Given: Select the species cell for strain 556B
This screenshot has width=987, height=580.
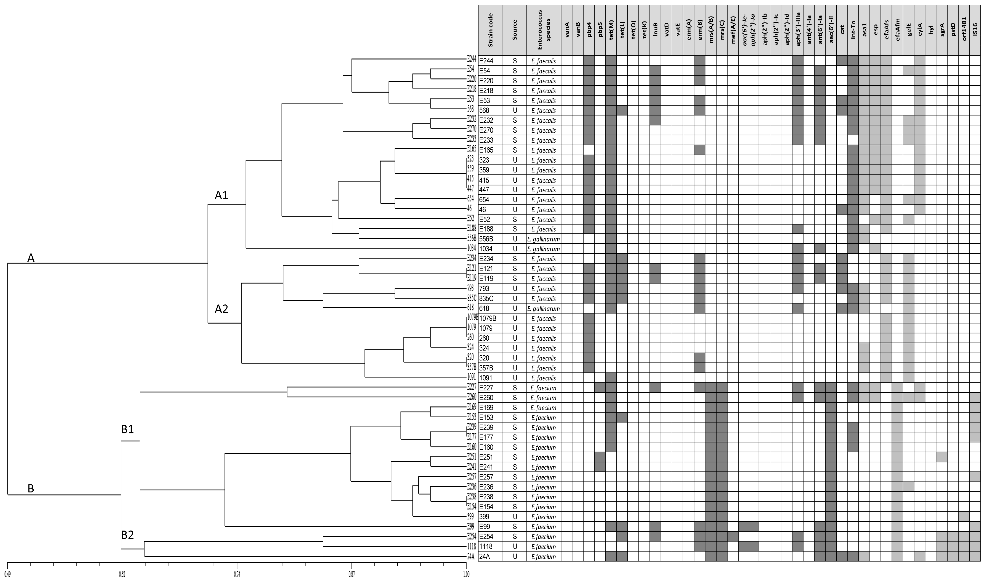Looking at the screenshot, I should click(544, 239).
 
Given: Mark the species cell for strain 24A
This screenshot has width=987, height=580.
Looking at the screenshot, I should click(544, 556).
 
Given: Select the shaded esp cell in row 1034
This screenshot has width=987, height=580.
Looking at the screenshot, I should click(875, 249).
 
